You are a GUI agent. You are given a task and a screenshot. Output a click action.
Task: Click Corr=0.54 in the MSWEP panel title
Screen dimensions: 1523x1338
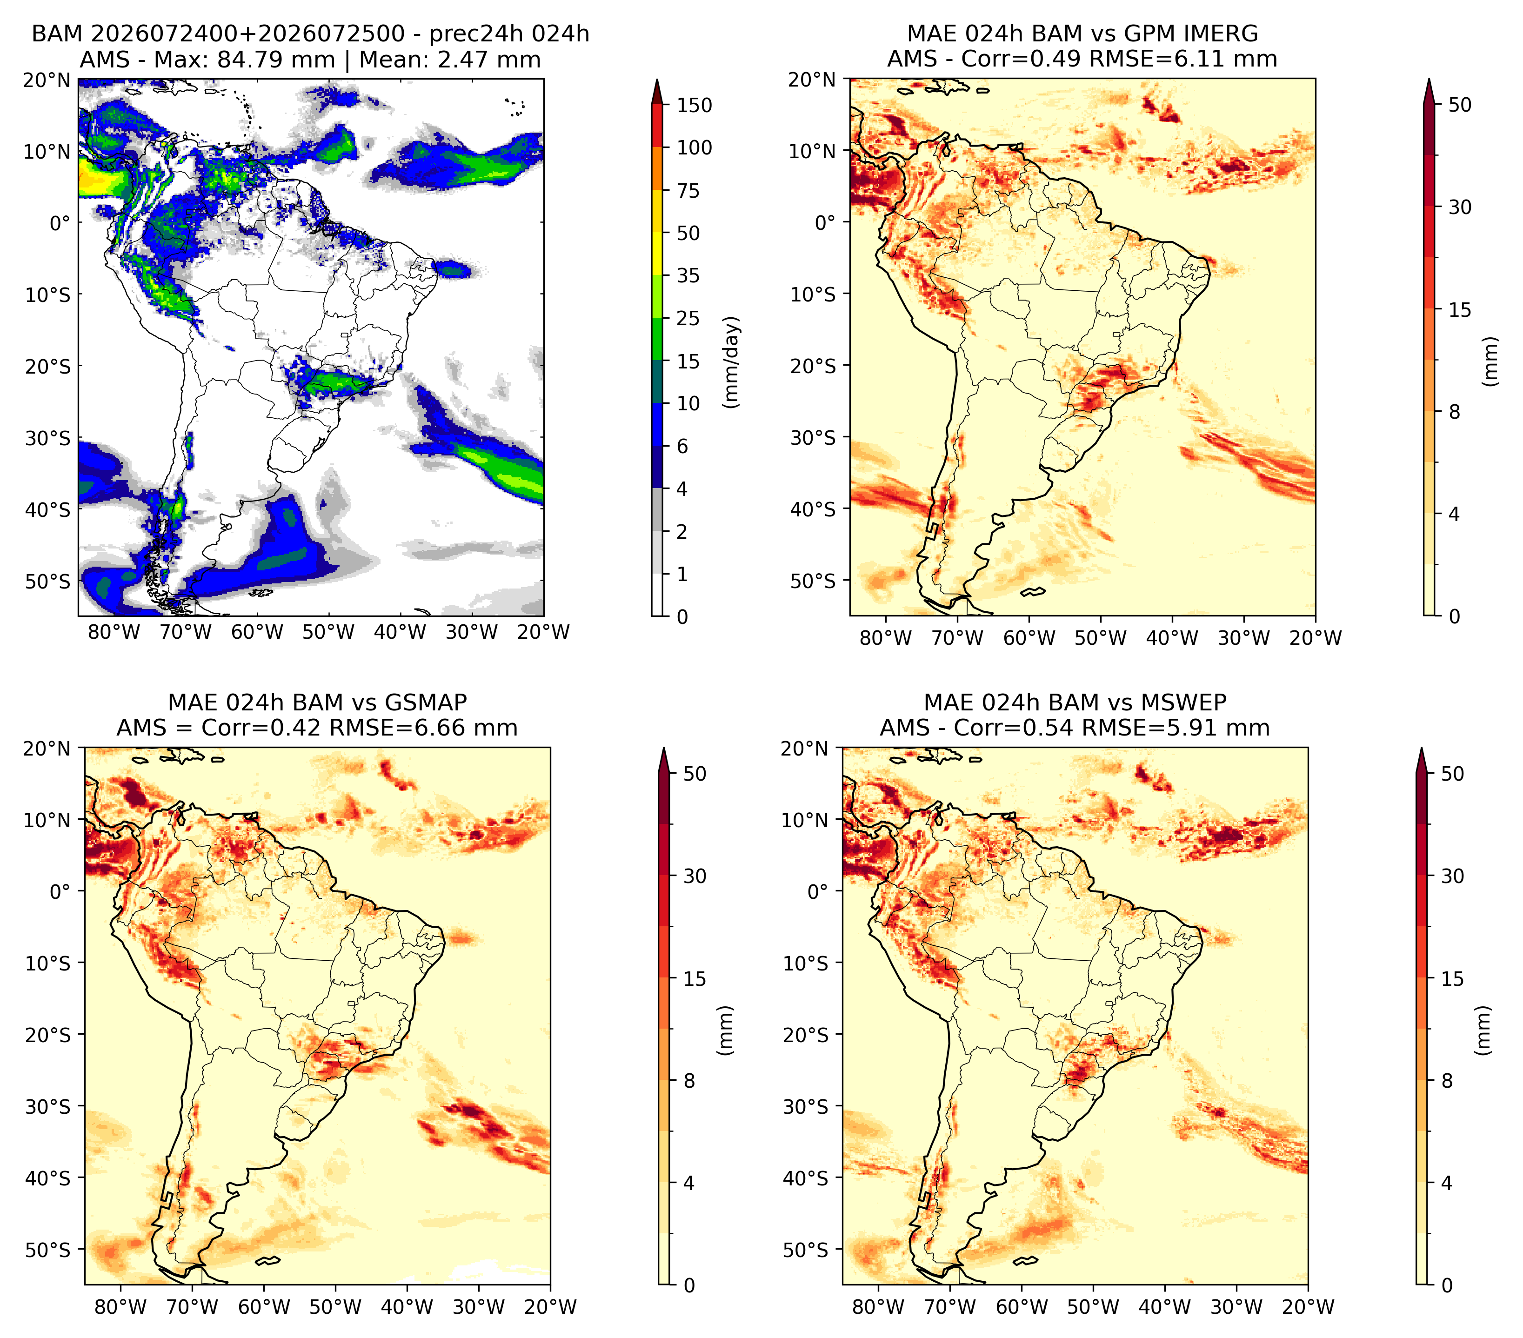click(1011, 728)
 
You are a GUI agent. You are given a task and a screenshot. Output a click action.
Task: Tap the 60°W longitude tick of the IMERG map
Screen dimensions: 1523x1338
click(1029, 638)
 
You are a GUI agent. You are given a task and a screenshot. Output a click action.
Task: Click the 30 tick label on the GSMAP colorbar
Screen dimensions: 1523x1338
click(695, 876)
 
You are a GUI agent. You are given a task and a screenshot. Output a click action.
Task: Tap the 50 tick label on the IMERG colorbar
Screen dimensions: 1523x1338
click(1460, 105)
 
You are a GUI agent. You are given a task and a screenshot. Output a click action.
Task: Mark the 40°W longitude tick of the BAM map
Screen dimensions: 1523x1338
click(400, 632)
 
